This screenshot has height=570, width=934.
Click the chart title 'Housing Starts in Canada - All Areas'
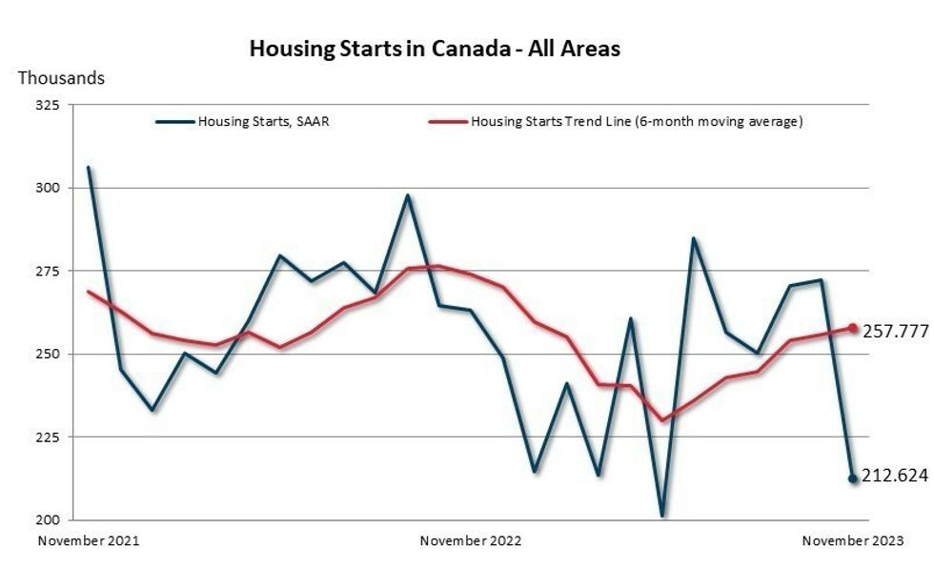[x=434, y=49]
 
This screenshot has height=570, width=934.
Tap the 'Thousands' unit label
[x=62, y=78]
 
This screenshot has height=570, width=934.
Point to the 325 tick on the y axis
[x=49, y=106]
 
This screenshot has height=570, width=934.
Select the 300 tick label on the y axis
[x=49, y=189]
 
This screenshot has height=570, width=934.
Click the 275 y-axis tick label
[x=49, y=272]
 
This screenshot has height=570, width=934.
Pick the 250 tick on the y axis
[x=49, y=355]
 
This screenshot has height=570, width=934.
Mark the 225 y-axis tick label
[x=49, y=438]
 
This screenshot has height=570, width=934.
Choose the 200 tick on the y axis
[x=49, y=520]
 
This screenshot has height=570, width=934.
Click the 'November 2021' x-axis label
[x=88, y=541]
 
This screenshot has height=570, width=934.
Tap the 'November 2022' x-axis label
[x=471, y=541]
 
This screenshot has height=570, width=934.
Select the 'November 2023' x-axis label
[x=852, y=541]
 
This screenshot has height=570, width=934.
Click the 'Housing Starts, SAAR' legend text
[x=263, y=122]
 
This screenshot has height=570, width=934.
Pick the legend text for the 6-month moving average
[x=637, y=122]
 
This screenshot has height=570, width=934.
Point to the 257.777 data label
[x=895, y=332]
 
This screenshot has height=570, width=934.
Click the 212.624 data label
[x=895, y=476]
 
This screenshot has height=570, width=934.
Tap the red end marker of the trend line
[x=853, y=329]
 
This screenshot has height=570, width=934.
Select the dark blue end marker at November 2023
[x=853, y=478]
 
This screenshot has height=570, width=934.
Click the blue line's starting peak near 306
[x=89, y=168]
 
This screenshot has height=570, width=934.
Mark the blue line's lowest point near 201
[x=661, y=516]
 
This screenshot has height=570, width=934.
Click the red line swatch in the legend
[x=448, y=122]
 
